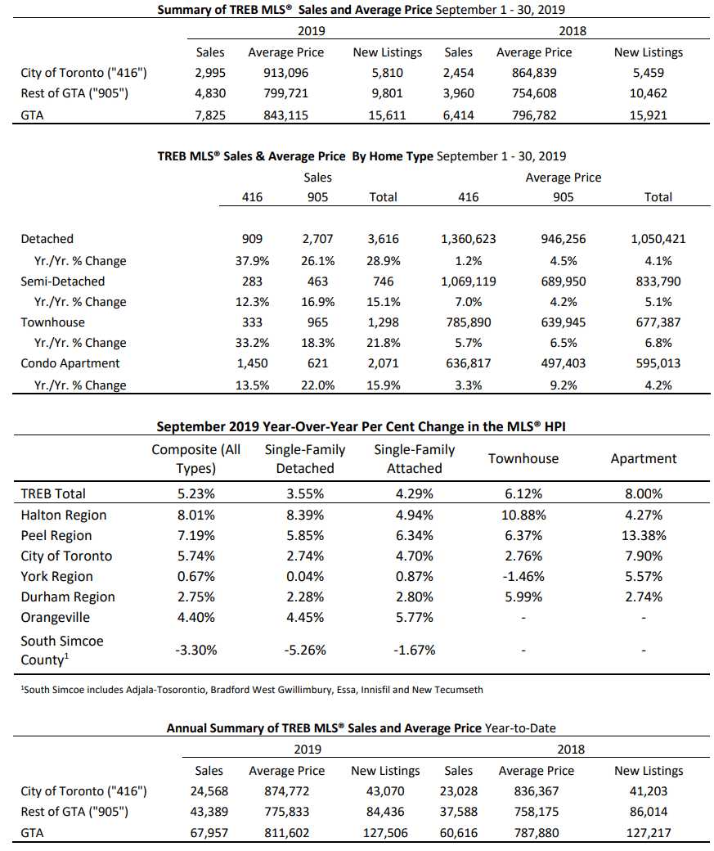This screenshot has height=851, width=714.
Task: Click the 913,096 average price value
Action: pyautogui.click(x=286, y=73)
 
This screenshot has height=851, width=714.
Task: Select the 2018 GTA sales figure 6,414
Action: pyautogui.click(x=459, y=115)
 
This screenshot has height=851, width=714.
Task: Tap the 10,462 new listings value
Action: pyautogui.click(x=649, y=93)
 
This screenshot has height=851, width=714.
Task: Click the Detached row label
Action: pyautogui.click(x=47, y=239)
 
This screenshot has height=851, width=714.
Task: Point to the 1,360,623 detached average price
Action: pyautogui.click(x=468, y=239)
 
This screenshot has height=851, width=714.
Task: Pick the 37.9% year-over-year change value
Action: pyautogui.click(x=252, y=261)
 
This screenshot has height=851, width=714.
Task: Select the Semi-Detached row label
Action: pyautogui.click(x=63, y=281)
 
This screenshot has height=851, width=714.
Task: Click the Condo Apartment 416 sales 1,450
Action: pyautogui.click(x=252, y=363)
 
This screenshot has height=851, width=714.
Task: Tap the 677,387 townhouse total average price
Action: pyautogui.click(x=658, y=322)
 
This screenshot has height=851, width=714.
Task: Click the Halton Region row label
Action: pyautogui.click(x=64, y=515)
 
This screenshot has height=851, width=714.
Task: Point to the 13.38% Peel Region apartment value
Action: pyautogui.click(x=644, y=536)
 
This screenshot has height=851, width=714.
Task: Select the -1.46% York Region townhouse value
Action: pyautogui.click(x=523, y=576)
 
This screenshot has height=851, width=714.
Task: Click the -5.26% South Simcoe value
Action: pyautogui.click(x=305, y=651)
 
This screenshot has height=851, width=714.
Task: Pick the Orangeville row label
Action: pyautogui.click(x=56, y=618)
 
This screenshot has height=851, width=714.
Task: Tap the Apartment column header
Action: pyautogui.click(x=644, y=459)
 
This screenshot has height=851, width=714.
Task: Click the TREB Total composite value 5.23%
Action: pyautogui.click(x=195, y=494)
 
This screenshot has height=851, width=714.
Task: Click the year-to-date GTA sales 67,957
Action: pyautogui.click(x=209, y=833)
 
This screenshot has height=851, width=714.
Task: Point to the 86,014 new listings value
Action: pyautogui.click(x=649, y=812)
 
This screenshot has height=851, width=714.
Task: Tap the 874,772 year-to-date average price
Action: pyautogui.click(x=286, y=791)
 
